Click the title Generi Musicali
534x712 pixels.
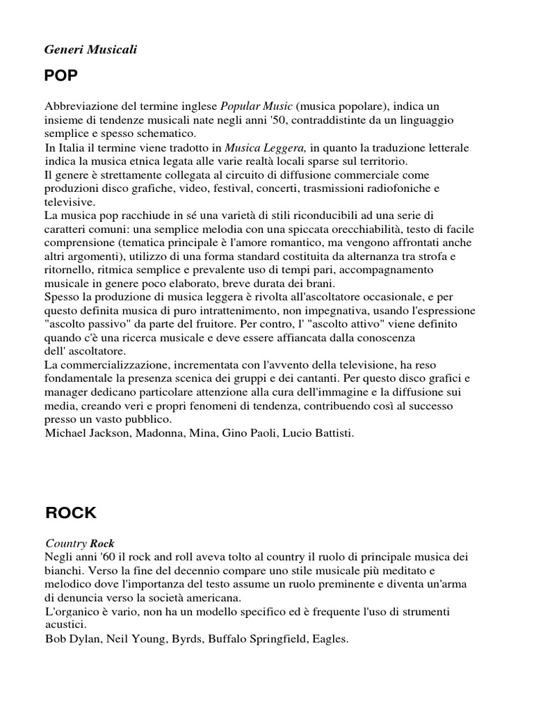pos(91,49)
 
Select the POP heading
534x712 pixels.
pos(61,75)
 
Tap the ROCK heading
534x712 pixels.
pos(71,513)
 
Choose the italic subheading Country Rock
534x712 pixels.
pos(79,543)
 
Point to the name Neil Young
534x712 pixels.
pos(135,638)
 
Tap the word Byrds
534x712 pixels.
pos(184,638)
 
